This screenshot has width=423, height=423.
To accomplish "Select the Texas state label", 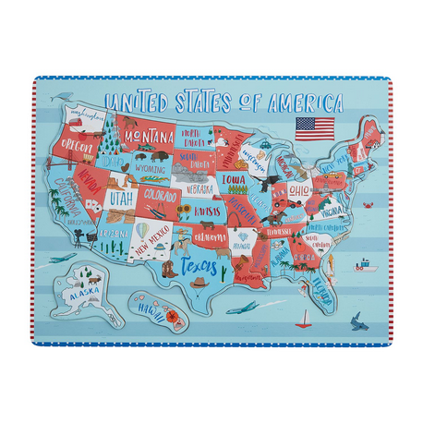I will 200,268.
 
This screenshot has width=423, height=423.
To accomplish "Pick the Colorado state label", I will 161,197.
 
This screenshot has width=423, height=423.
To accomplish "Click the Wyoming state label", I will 150,170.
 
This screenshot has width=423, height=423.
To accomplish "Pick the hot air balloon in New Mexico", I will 142,229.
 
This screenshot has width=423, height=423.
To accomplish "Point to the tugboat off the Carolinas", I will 367,264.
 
